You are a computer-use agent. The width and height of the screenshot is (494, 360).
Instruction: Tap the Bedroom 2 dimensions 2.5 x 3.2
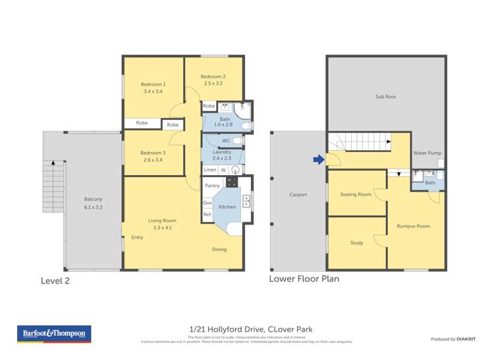pos(213,84)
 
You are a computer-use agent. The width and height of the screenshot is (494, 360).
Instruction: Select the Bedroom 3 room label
pos(153,153)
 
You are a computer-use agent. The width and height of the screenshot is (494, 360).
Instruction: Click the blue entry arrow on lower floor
pos(317,159)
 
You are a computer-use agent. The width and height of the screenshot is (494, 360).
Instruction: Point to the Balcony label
pos(93,199)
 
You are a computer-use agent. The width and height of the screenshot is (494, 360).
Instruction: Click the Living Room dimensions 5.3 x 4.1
pos(161,228)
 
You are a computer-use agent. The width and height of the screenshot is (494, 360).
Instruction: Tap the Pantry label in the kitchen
pos(211,186)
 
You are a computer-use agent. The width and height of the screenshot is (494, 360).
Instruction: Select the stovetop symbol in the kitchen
pos(231,182)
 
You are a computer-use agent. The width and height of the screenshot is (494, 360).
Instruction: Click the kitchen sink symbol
pos(246,200)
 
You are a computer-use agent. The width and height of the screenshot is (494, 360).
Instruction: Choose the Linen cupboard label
pos(210,170)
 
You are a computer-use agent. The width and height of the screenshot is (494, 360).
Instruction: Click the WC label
pos(226,141)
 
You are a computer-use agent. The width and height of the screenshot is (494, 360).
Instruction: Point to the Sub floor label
pos(385,97)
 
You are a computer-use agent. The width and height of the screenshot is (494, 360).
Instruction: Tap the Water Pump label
pos(427,153)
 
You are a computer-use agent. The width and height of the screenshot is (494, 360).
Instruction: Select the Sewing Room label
pos(356,194)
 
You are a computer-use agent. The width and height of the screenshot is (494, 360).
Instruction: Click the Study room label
pos(356,243)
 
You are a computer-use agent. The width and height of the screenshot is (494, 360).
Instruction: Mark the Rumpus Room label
pos(413,226)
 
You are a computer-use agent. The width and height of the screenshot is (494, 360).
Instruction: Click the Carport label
pos(299,195)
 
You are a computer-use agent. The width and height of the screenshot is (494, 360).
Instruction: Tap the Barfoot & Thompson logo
pos(54,334)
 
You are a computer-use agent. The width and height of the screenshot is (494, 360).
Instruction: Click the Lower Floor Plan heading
pos(304,278)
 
